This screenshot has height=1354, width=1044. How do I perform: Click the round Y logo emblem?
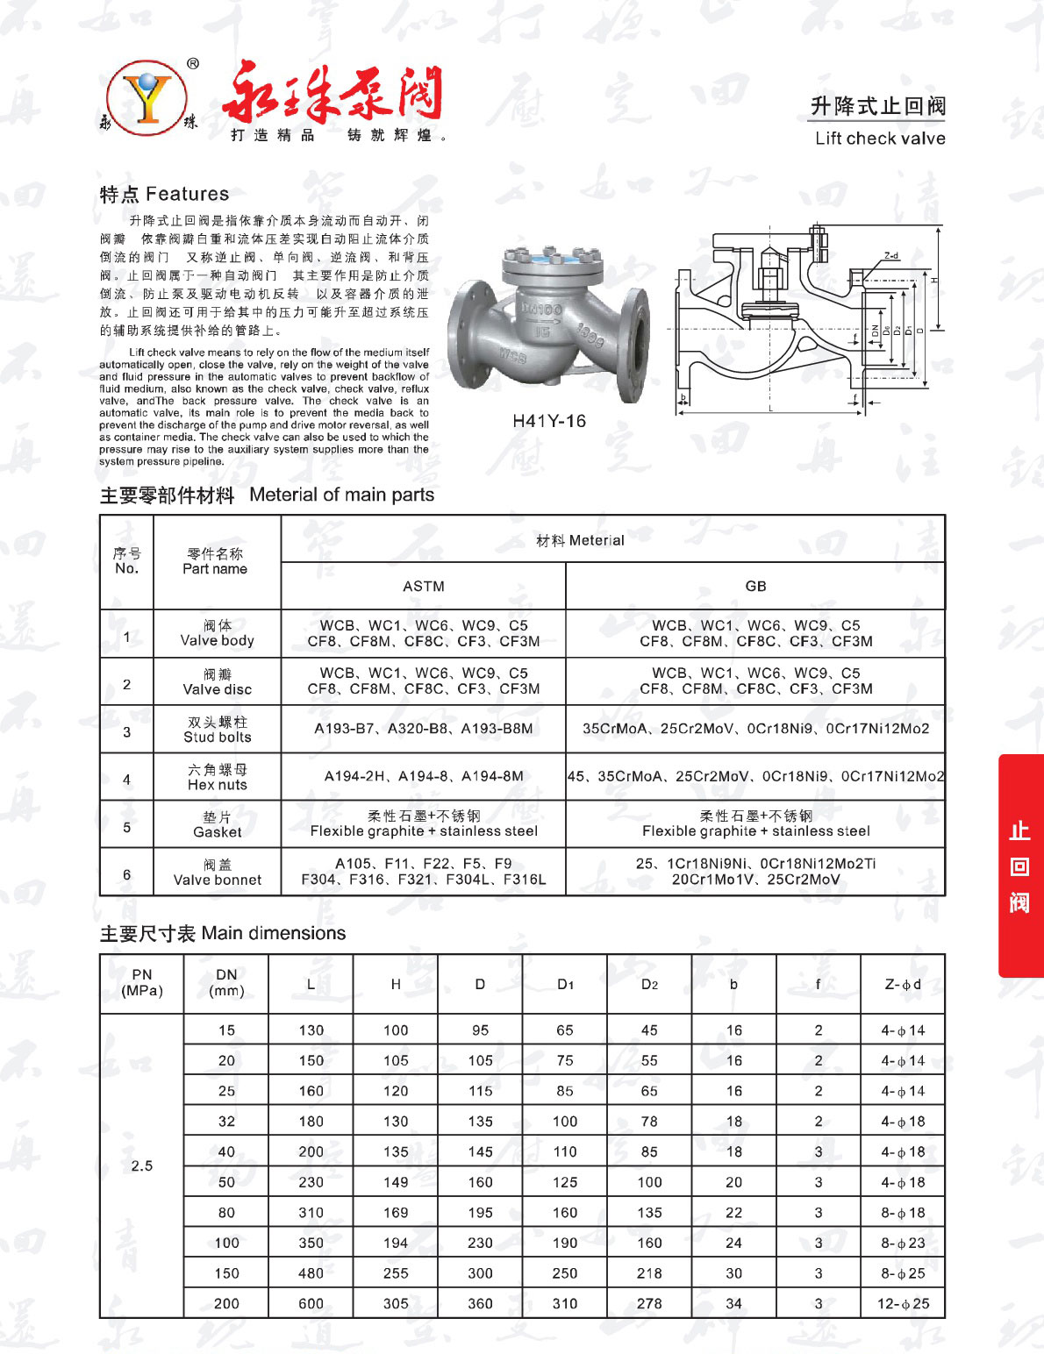147,97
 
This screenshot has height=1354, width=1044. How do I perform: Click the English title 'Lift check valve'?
880,139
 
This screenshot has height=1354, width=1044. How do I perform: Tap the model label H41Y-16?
549,421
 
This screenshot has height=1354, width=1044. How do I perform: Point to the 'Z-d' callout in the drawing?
891,256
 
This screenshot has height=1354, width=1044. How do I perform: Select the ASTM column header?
424,586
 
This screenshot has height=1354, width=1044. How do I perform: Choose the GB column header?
755,586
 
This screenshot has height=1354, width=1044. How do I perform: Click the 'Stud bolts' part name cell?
217,730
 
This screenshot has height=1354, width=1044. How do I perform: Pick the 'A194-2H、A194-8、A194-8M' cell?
424,776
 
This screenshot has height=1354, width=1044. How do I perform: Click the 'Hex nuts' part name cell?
217,777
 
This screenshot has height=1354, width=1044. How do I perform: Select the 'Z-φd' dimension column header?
903,984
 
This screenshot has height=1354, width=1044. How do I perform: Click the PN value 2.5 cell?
142,1165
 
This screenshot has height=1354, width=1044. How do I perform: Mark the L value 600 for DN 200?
311,1303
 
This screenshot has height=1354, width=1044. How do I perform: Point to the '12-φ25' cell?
903,1303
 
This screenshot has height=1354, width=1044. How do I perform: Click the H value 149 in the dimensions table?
396,1182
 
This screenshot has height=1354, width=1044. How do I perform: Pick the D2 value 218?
649,1273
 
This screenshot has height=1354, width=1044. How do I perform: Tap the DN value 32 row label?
226,1122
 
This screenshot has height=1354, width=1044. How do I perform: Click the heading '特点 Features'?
164,194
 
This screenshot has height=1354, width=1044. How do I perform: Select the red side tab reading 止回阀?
1019,866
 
